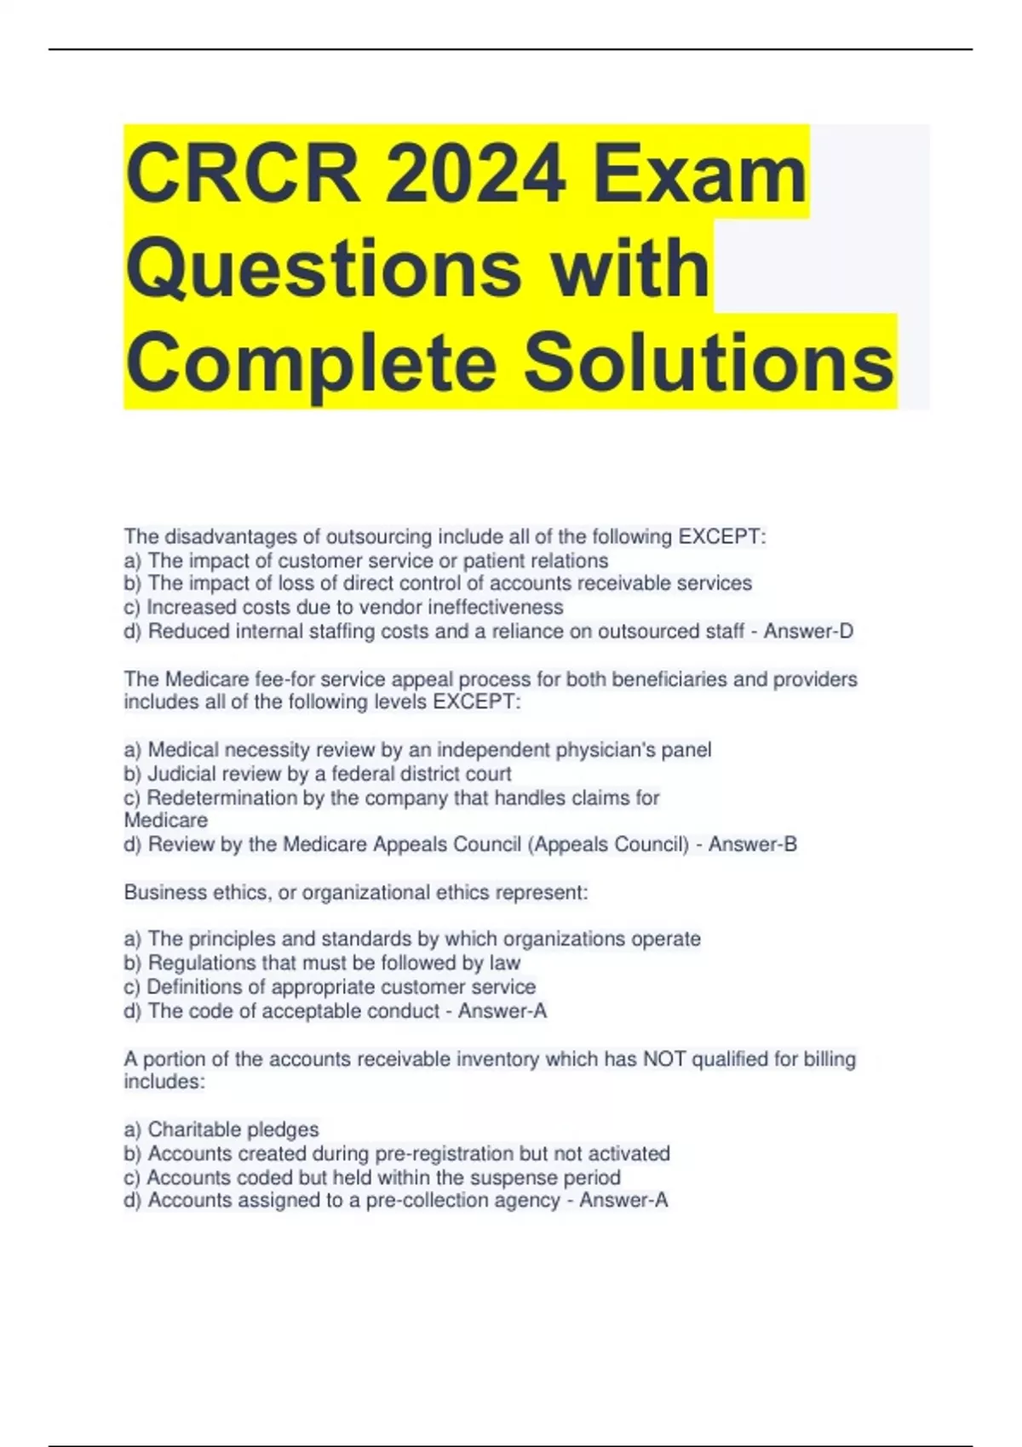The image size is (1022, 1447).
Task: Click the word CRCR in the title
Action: click(x=243, y=174)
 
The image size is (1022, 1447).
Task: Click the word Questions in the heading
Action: click(x=324, y=269)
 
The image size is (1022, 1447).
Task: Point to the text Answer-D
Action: click(x=808, y=632)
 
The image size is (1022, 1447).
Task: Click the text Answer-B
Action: click(x=753, y=844)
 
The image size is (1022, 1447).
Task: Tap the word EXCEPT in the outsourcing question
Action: click(x=721, y=537)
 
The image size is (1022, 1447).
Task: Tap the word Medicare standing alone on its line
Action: click(x=166, y=821)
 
